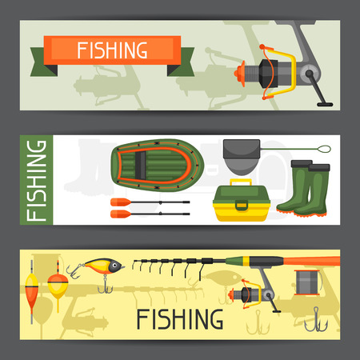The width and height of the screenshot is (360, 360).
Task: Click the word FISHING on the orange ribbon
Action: [x=112, y=50]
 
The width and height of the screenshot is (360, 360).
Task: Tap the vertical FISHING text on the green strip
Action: [x=36, y=181]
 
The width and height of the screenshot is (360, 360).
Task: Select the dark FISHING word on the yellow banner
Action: [x=180, y=319]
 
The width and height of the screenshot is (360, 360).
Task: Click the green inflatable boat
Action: [x=158, y=166]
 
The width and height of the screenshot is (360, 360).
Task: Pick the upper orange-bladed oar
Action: [x=150, y=202]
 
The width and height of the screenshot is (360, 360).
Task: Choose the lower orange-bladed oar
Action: [x=150, y=214]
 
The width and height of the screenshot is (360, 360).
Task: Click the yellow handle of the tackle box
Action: [x=241, y=182]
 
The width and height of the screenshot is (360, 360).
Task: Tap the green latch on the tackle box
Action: [x=242, y=206]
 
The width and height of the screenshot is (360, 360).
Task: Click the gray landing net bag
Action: [x=242, y=157]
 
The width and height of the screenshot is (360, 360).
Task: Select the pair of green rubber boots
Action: [x=303, y=188]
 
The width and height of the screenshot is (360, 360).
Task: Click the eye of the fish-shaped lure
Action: [x=114, y=266]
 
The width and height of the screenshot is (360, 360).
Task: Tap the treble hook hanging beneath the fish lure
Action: [x=105, y=285]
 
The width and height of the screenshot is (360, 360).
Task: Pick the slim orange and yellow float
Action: [x=31, y=290]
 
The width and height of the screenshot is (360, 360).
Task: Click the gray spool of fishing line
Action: [x=307, y=282]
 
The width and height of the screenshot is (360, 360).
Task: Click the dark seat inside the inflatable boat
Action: [x=140, y=166]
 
